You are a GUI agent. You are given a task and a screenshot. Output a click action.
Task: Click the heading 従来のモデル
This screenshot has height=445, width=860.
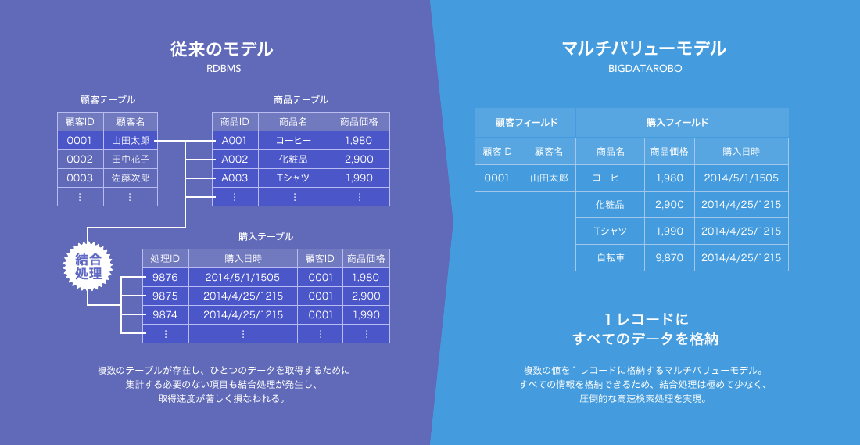[x=221, y=49]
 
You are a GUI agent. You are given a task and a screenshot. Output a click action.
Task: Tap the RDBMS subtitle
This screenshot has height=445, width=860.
[x=221, y=70]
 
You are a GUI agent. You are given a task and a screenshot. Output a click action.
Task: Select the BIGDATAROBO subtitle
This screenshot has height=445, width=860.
[x=645, y=70]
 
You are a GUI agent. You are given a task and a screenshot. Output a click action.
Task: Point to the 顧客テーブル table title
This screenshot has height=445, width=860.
[x=108, y=100]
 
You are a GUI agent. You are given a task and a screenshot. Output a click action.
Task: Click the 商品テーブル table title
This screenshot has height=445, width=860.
[x=300, y=100]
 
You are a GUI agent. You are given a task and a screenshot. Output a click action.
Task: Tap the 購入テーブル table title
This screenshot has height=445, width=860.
[x=266, y=236]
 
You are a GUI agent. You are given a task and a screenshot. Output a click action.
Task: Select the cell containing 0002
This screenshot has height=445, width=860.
[x=80, y=159]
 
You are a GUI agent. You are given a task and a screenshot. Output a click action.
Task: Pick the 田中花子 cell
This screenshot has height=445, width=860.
[x=131, y=159]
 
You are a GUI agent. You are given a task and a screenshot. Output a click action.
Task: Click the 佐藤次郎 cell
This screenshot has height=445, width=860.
[x=131, y=178]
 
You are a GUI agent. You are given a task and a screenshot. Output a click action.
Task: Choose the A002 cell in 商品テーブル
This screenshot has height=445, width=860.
[x=235, y=159]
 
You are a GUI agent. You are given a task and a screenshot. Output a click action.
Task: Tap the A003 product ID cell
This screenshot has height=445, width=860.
[x=235, y=178]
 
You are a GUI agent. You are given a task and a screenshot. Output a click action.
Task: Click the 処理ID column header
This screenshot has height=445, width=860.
[x=166, y=258]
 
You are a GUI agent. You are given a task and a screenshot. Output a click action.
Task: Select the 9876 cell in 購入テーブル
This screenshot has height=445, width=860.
[x=166, y=277]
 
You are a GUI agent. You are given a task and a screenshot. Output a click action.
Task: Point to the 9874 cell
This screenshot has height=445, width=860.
[x=166, y=315]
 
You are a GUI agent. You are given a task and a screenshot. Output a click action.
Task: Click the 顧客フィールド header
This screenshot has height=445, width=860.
[x=525, y=122]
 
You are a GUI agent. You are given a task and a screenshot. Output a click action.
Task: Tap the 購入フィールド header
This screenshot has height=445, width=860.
[x=682, y=122]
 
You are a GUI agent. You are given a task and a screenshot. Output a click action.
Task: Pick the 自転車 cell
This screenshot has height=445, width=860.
[x=610, y=257]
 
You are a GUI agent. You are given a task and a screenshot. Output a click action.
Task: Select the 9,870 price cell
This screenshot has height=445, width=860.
[x=669, y=257]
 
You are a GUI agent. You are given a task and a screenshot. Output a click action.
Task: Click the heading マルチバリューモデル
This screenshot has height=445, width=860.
[x=644, y=49]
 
